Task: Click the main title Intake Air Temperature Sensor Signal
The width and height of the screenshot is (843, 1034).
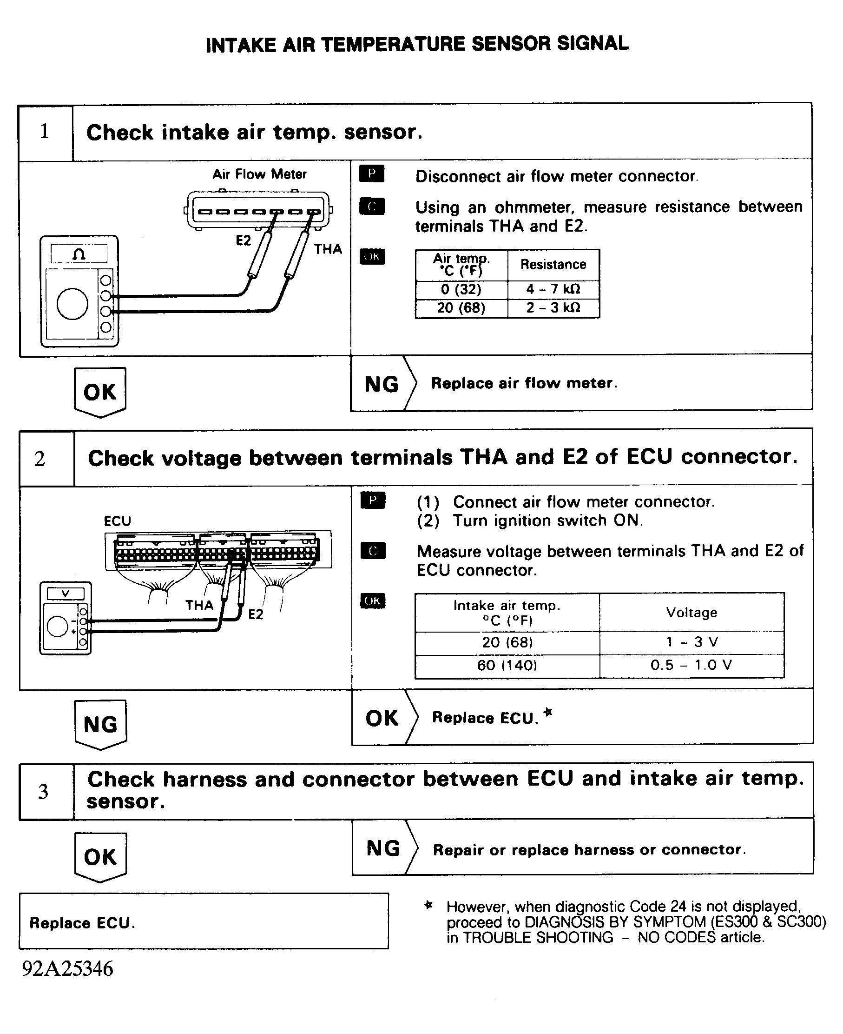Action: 417,44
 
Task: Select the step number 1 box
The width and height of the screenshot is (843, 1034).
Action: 45,132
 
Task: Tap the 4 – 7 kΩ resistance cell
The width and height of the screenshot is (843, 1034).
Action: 553,289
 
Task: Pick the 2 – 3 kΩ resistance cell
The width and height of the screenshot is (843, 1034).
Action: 553,307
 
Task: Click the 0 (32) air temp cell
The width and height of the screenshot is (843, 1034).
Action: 461,289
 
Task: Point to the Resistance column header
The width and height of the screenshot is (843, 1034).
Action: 553,264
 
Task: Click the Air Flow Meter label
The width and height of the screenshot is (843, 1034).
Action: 259,174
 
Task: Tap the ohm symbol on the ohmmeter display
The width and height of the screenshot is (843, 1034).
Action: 79,254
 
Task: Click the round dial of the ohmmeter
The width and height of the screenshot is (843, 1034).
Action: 72,304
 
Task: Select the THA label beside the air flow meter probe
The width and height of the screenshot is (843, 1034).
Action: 328,249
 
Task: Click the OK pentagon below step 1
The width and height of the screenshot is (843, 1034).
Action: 100,392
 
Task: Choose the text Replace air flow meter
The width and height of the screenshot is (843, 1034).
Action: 523,383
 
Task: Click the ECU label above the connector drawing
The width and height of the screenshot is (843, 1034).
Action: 118,521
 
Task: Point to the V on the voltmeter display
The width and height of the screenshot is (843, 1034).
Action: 65,594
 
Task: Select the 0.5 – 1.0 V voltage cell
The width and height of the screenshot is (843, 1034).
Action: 691,665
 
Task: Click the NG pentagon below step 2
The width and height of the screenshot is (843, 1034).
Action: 100,724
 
